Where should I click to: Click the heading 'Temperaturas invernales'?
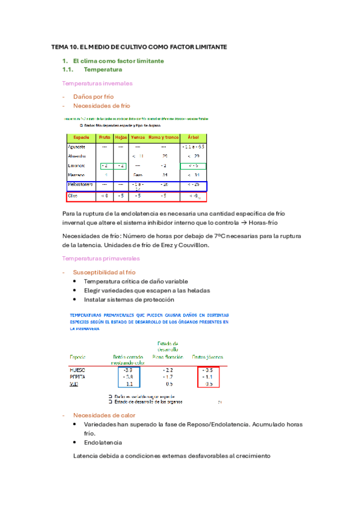[97, 83]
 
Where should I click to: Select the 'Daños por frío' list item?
[93, 96]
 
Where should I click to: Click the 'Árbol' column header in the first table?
[194, 137]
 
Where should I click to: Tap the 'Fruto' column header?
[104, 137]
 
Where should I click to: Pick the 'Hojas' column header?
[121, 137]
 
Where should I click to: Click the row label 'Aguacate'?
[77, 146]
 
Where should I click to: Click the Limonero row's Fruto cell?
[104, 165]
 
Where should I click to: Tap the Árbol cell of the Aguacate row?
[194, 146]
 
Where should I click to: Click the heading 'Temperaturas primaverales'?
[100, 258]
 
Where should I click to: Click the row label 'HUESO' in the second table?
[79, 369]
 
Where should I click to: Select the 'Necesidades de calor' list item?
[104, 415]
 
